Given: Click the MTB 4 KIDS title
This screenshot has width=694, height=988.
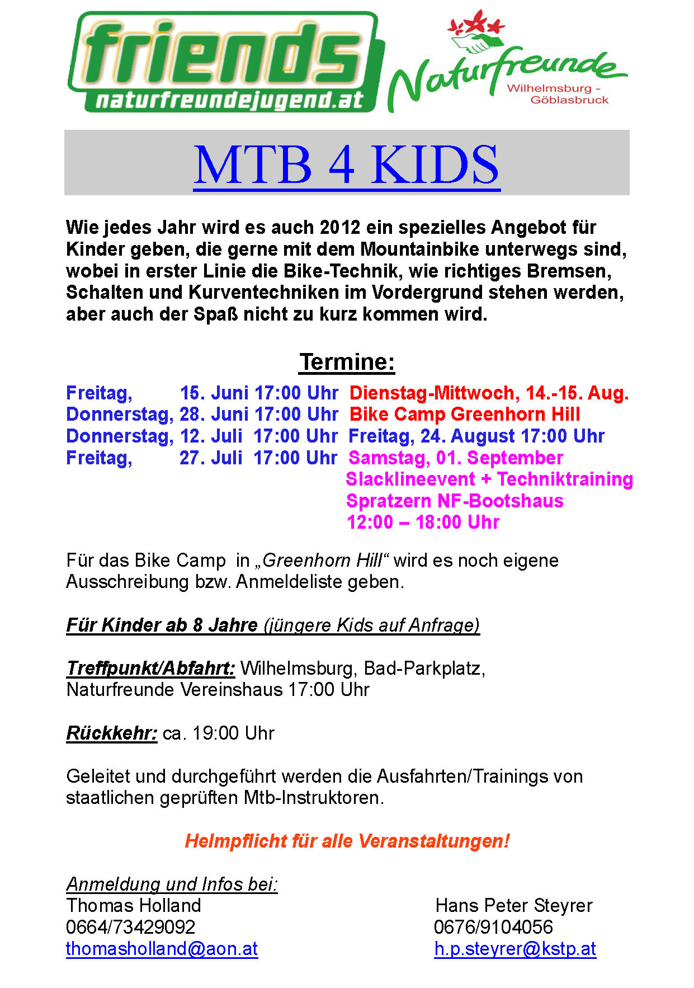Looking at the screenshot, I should (347, 164).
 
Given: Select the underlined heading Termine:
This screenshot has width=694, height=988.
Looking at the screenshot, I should (347, 362).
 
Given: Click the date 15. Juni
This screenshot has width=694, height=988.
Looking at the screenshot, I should (214, 393).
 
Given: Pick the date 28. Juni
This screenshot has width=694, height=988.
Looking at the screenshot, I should (214, 415).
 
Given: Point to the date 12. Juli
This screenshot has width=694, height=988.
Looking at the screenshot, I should (211, 436).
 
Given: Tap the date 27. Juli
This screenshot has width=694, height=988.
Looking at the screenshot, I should (211, 458).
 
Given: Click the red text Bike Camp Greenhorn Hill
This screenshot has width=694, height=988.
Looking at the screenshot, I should (465, 415).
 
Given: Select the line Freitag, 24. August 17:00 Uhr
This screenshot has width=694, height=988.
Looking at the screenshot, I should (476, 436).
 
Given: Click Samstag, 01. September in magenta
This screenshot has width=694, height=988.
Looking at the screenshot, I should (456, 458).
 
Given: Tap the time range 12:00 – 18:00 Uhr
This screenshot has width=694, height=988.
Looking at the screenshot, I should (423, 523).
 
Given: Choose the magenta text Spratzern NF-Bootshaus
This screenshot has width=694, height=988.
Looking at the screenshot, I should (455, 501).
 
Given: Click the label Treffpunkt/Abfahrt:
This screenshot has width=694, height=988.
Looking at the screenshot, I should (150, 668).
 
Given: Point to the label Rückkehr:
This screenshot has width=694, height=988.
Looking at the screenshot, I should (112, 733).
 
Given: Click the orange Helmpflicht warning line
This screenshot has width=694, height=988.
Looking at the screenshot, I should (347, 841).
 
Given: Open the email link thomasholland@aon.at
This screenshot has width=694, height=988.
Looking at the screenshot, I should (162, 949).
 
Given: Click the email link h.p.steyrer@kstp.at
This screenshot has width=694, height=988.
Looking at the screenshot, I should (515, 949).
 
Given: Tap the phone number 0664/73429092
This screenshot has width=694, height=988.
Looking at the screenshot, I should (131, 927).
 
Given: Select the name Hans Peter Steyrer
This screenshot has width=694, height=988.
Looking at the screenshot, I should (514, 905).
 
